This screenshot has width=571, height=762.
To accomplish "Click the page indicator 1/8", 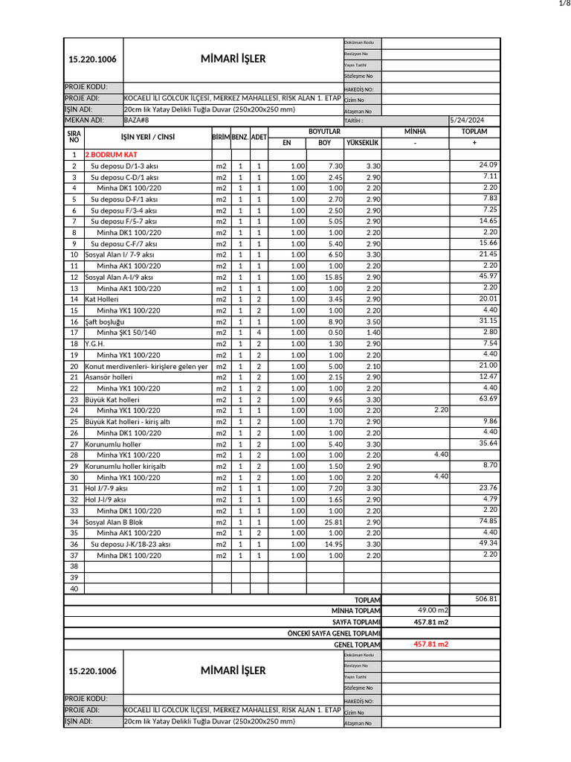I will (x=563, y=4).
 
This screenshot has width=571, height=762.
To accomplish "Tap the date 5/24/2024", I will (x=466, y=120).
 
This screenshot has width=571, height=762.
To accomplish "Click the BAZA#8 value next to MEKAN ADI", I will (x=136, y=120).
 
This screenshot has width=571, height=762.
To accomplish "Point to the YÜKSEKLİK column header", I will (x=364, y=142).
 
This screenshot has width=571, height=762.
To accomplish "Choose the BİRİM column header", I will (x=221, y=137).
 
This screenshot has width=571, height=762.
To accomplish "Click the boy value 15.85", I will (x=332, y=277).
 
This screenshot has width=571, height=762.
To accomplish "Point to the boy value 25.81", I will (x=332, y=522).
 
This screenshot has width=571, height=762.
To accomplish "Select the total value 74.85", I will (x=488, y=521).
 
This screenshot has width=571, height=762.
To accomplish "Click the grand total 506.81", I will (x=486, y=598).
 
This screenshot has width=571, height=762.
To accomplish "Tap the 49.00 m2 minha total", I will (x=433, y=610).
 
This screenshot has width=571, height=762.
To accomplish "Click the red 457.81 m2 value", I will (x=431, y=644).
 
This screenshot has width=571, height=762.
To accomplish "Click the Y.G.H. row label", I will (x=94, y=344).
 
